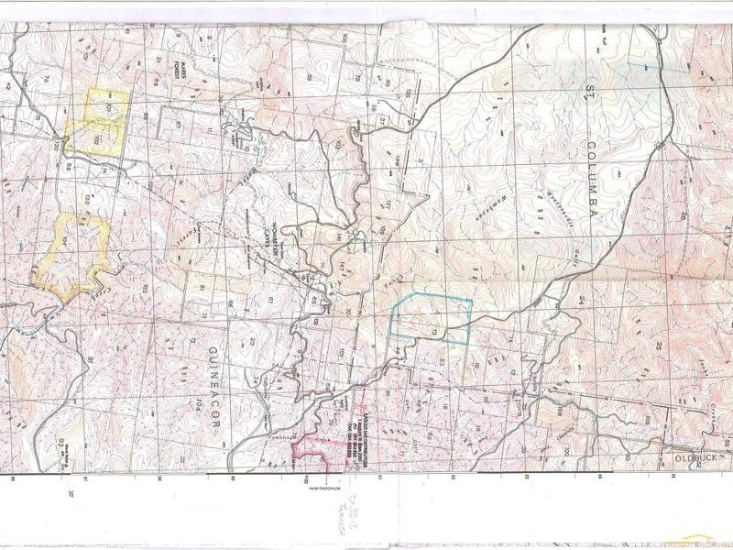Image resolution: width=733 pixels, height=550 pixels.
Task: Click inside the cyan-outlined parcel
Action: tap(431, 321)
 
